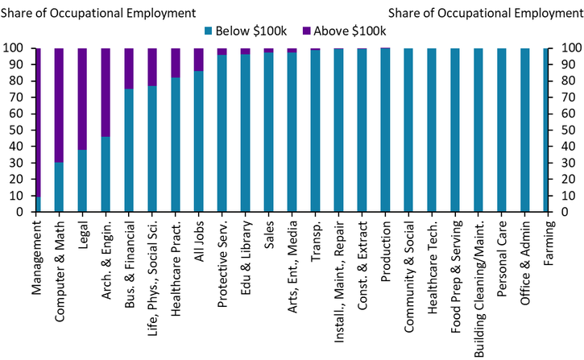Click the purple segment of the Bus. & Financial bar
(x=129, y=68)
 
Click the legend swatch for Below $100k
(x=208, y=31)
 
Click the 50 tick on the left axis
(x=18, y=130)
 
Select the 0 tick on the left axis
(x=21, y=213)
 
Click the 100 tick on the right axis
(x=563, y=48)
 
